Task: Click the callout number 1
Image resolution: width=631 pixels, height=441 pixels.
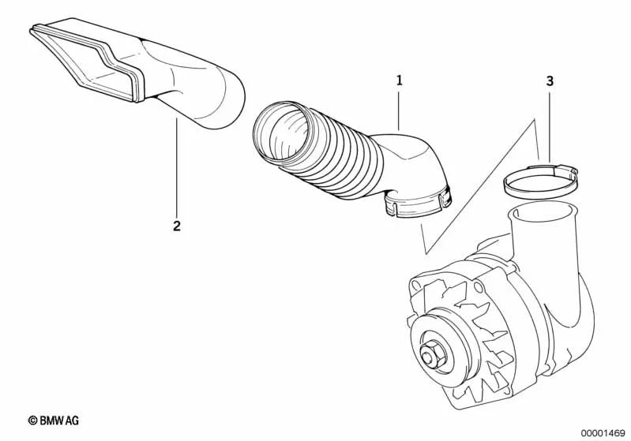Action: pyautogui.click(x=400, y=80)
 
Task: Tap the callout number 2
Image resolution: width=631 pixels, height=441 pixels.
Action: pyautogui.click(x=177, y=226)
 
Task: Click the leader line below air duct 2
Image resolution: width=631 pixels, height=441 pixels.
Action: pyautogui.click(x=177, y=170)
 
